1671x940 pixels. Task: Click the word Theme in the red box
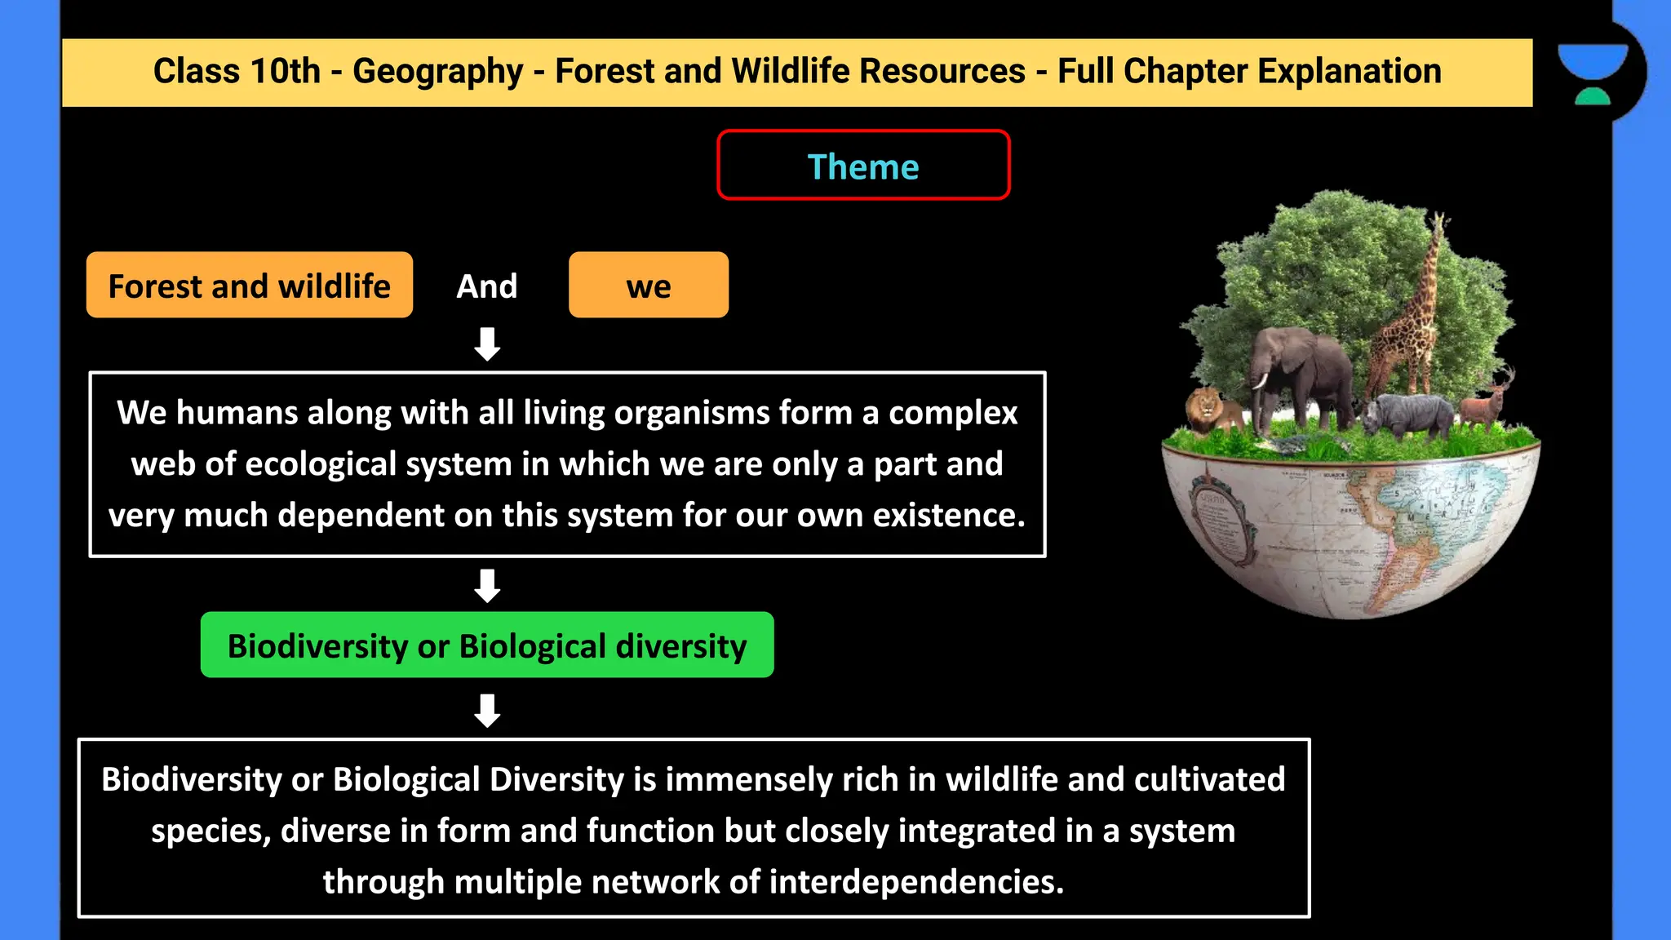862,166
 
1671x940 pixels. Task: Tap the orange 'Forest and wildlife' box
249,286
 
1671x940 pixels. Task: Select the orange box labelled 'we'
649,286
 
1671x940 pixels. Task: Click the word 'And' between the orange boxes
487,286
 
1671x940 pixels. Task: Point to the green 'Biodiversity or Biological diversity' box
487,645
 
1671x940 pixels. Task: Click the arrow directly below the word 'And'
487,344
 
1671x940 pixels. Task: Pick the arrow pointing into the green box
487,585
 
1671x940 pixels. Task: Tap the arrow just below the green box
487,710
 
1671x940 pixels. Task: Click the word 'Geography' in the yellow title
437,71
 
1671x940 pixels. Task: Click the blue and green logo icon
1593,73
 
